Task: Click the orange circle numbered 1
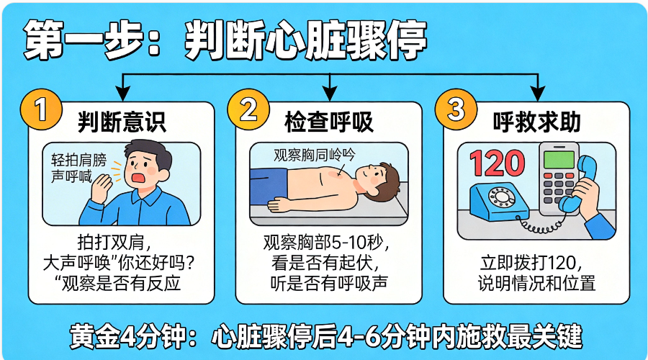pyautogui.click(x=41, y=110)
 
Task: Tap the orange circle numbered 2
pyautogui.click(x=248, y=110)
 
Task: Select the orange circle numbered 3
pyautogui.click(x=456, y=110)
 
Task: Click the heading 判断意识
pyautogui.click(x=122, y=122)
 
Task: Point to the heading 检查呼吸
pyautogui.click(x=329, y=122)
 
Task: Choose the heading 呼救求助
pyautogui.click(x=537, y=122)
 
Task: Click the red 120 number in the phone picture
pyautogui.click(x=497, y=163)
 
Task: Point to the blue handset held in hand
pyautogui.click(x=579, y=184)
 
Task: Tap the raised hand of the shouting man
pyautogui.click(x=102, y=188)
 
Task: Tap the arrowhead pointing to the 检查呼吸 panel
pyautogui.click(x=329, y=93)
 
